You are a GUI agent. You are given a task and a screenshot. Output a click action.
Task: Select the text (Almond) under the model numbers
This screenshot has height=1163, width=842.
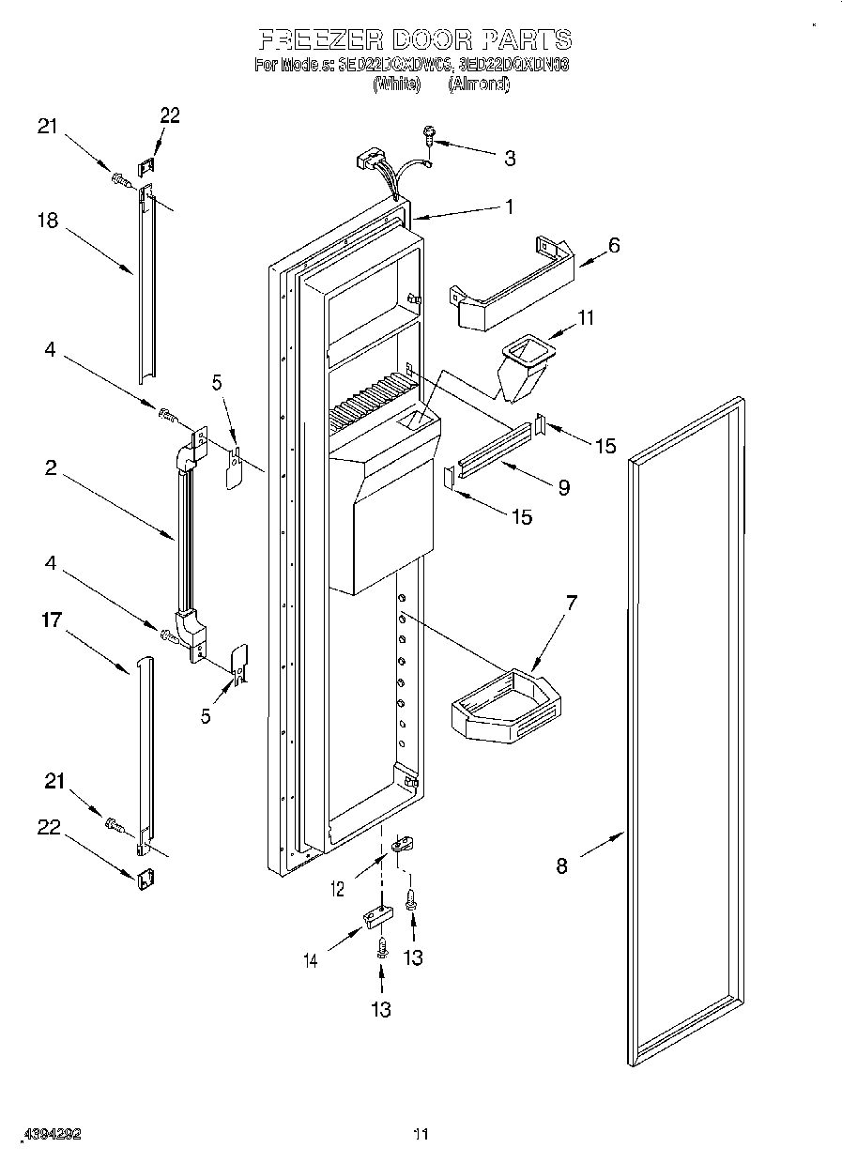pyautogui.click(x=478, y=84)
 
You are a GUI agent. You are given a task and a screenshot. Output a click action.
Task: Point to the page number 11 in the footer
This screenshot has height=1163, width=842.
pyautogui.click(x=421, y=1135)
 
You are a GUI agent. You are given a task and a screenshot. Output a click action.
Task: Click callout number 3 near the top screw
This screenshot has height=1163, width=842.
pyautogui.click(x=509, y=159)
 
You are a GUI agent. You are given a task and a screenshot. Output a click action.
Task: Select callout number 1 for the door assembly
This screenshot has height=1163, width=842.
pyautogui.click(x=509, y=207)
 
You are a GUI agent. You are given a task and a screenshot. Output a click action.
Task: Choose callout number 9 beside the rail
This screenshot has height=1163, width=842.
pyautogui.click(x=563, y=486)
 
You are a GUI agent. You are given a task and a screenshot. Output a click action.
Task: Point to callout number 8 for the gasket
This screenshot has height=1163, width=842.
pyautogui.click(x=561, y=865)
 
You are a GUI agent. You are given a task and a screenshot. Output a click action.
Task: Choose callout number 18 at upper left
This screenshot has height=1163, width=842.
pyautogui.click(x=47, y=221)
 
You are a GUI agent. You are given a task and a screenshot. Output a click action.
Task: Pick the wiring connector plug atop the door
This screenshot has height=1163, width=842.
pyautogui.click(x=370, y=161)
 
